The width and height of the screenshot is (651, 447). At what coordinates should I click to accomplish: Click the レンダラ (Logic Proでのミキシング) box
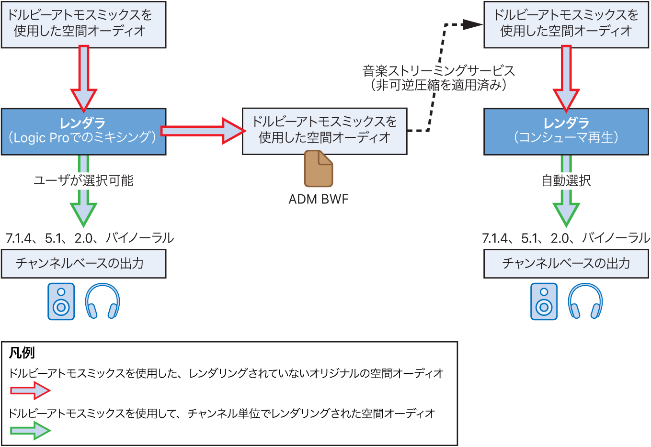83,131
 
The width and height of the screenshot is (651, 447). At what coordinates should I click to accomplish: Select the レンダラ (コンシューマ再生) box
566,131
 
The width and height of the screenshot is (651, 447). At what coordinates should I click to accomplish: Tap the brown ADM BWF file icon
318,168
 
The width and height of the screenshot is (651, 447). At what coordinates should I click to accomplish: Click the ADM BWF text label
318,199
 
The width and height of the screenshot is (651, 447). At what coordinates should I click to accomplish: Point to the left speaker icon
61,302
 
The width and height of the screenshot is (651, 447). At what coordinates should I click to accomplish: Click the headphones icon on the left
103,302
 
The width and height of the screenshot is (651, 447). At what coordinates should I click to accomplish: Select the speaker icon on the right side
544,302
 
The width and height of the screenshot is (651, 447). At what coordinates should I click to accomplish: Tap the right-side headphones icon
585,302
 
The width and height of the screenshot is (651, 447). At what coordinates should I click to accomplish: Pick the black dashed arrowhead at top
473,24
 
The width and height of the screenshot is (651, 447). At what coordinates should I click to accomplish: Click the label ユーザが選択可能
83,180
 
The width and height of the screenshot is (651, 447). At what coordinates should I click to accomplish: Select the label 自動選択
566,180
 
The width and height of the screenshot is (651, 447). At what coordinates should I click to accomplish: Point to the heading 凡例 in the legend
22,353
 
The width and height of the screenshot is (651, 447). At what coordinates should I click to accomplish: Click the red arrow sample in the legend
30,391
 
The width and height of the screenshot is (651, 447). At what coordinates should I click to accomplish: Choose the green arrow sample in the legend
30,430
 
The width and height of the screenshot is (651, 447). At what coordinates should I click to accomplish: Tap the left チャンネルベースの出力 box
83,264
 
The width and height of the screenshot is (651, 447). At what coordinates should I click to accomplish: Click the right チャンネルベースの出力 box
566,264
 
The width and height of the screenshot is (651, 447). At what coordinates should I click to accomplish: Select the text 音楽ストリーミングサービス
438,71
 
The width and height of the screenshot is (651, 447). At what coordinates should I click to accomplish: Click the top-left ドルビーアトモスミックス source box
83,24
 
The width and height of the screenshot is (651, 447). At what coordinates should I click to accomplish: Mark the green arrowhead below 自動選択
566,213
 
